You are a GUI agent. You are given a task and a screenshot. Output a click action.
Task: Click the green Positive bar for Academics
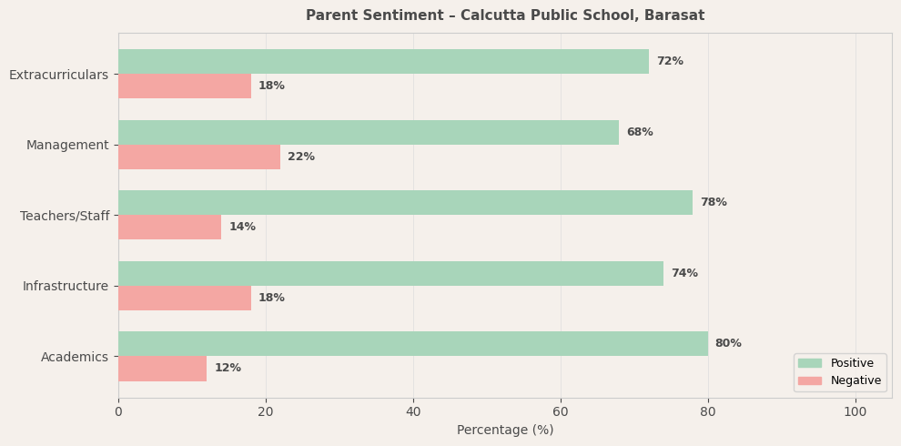[412, 344]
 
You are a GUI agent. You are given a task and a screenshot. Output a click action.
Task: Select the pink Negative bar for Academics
[162, 369]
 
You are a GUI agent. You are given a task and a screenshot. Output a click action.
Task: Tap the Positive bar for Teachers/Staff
[405, 203]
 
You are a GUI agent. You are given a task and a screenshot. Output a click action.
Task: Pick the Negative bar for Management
[199, 157]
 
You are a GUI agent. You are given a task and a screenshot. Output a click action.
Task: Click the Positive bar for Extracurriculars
[383, 62]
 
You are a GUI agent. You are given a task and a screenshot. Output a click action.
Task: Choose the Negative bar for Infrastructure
[185, 299]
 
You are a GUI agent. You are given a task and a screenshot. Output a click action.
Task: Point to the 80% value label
[728, 344]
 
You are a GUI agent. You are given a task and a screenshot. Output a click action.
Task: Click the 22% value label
[301, 157]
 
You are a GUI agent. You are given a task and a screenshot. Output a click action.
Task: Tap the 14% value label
[242, 228]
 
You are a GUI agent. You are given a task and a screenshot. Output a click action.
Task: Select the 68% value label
[640, 133]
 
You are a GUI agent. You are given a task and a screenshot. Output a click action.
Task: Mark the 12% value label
[228, 369]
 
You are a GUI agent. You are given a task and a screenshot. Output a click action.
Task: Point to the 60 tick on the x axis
[561, 412]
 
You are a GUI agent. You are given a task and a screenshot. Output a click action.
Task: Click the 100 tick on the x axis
[855, 412]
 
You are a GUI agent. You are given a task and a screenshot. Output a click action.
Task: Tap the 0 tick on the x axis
[118, 412]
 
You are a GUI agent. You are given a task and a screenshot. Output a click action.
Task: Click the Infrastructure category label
[66, 287]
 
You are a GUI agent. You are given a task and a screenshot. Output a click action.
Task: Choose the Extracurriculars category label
[58, 75]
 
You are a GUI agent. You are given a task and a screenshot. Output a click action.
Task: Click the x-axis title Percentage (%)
[505, 431]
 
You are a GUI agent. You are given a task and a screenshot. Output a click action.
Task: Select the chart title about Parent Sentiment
[505, 15]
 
